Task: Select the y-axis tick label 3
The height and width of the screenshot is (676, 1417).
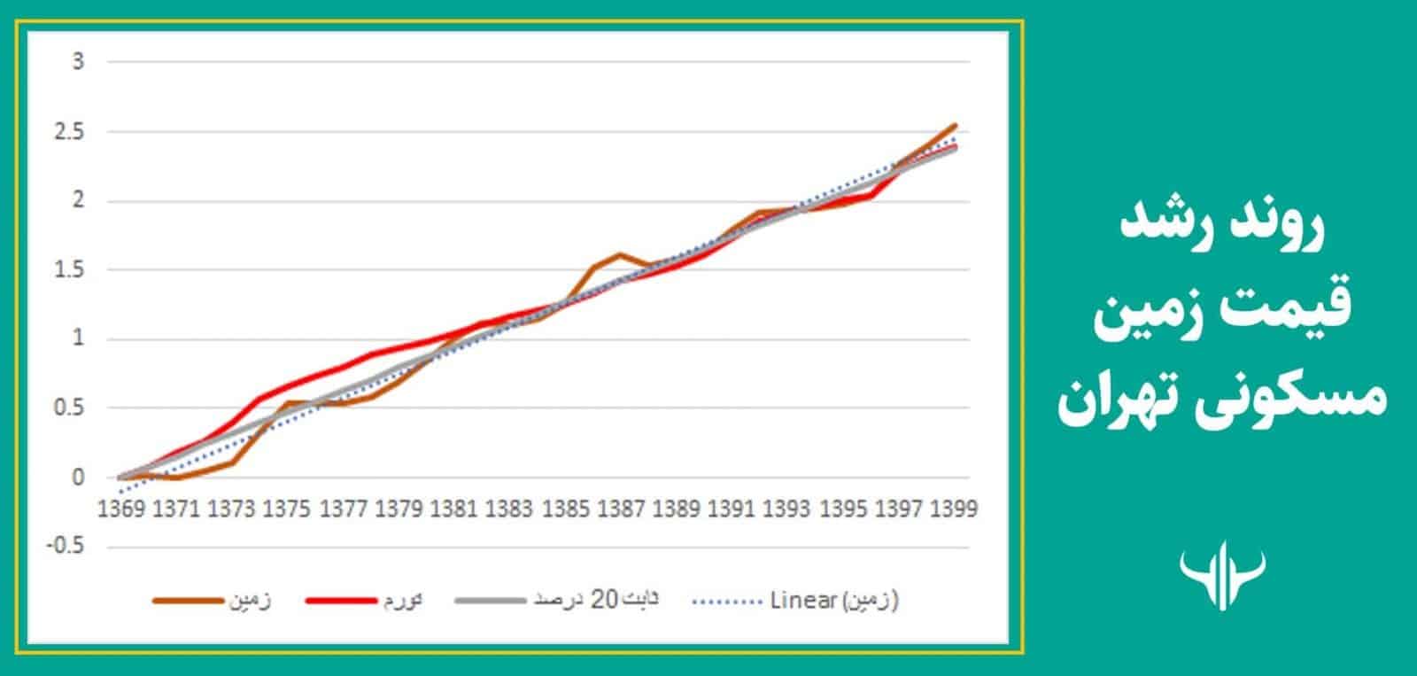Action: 78,62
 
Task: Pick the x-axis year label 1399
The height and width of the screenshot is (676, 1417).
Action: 951,509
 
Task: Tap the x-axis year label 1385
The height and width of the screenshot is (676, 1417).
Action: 563,509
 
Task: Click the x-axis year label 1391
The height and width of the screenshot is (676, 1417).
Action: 730,509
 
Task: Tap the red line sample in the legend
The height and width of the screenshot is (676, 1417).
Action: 342,601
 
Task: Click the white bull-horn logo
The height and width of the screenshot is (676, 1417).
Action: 1223,576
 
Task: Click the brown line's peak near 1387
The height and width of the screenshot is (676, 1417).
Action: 619,255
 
